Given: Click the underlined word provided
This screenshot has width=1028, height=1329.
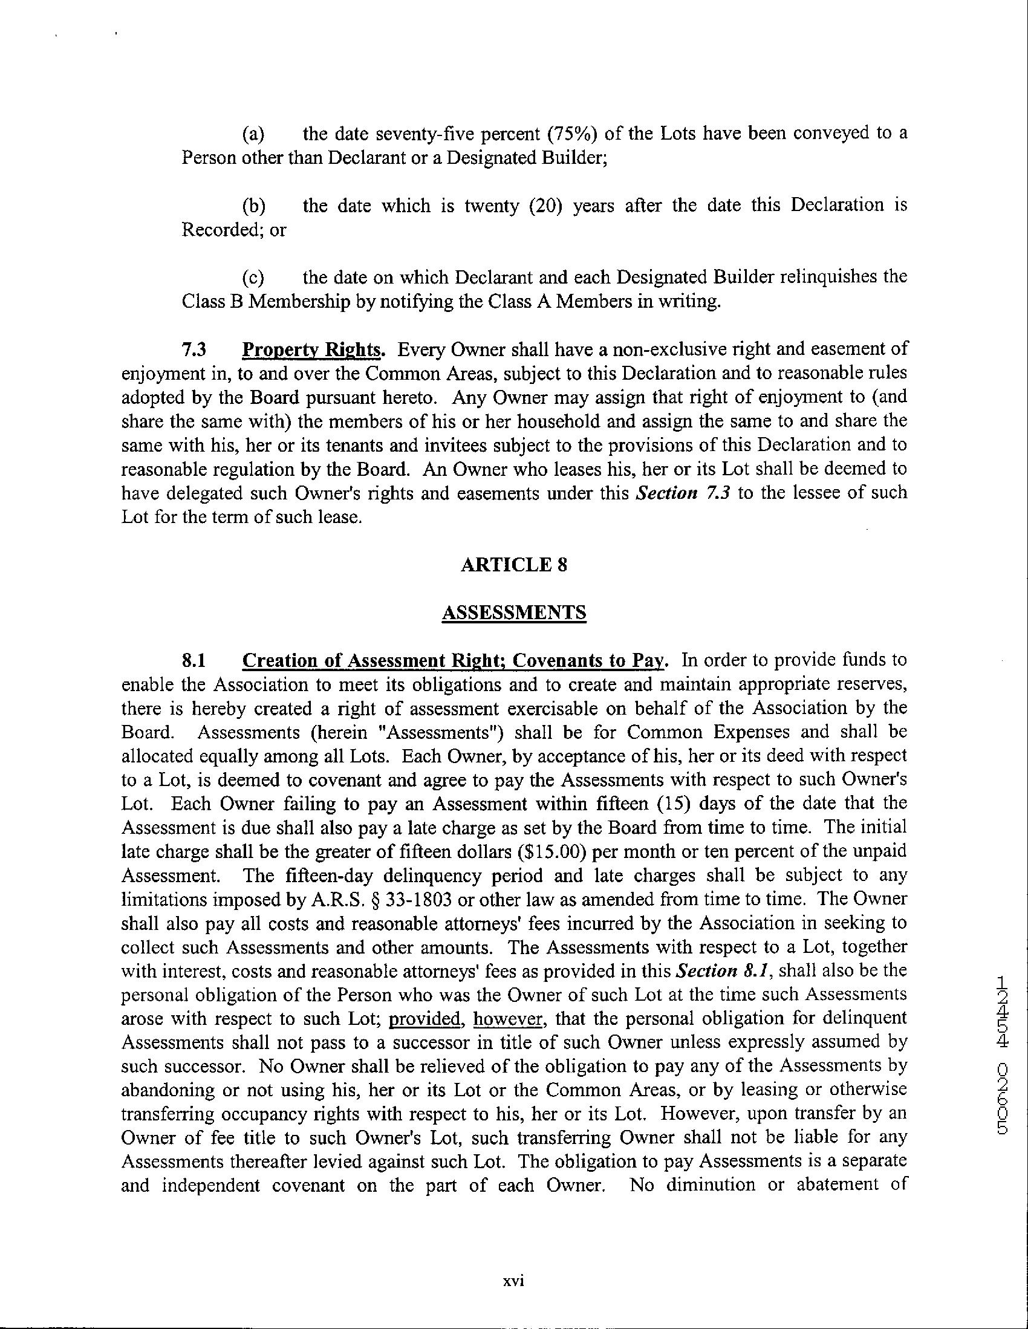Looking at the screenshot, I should coord(424,1019).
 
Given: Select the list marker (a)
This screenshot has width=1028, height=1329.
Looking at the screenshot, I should coord(253,134).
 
